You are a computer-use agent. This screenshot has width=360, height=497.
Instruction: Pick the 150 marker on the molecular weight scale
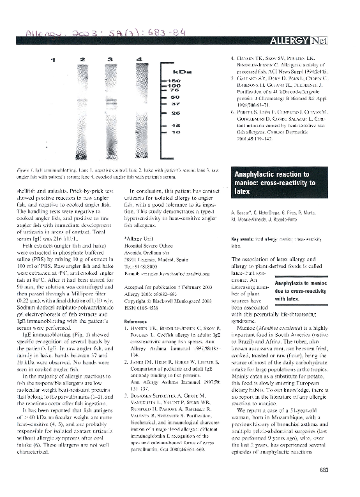pos(174,82)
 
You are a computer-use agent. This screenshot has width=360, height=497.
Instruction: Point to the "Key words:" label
pos(243,237)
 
